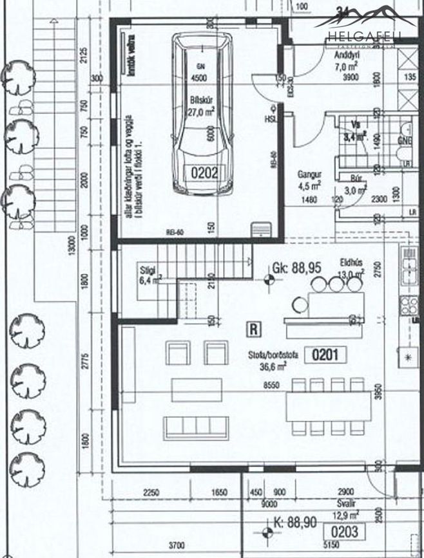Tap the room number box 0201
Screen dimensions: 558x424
[x=329, y=354]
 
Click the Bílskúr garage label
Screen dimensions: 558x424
[x=200, y=100]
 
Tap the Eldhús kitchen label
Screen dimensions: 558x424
[x=352, y=263]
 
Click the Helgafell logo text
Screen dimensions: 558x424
[x=364, y=37]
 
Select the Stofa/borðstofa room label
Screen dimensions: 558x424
[x=274, y=355]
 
